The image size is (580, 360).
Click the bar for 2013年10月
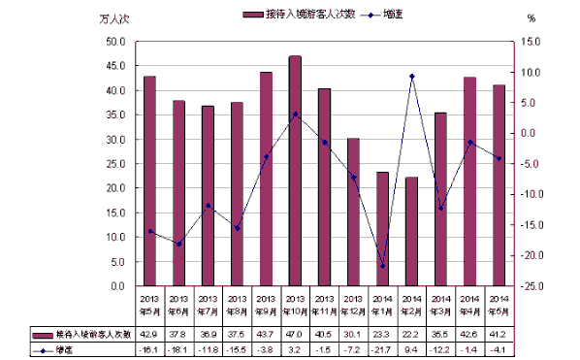(x=295, y=171)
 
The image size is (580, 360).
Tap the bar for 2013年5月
(x=149, y=180)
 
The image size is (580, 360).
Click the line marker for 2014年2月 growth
(x=411, y=76)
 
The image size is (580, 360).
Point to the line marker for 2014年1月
(x=382, y=266)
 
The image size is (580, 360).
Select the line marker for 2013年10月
(x=295, y=114)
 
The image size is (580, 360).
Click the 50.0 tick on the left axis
(x=115, y=42)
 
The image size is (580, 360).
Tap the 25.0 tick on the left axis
(x=115, y=164)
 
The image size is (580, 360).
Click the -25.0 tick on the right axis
(x=530, y=286)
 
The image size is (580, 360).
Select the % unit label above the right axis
(x=531, y=17)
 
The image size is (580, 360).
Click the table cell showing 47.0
(x=295, y=334)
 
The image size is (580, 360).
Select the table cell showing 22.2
(x=411, y=334)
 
